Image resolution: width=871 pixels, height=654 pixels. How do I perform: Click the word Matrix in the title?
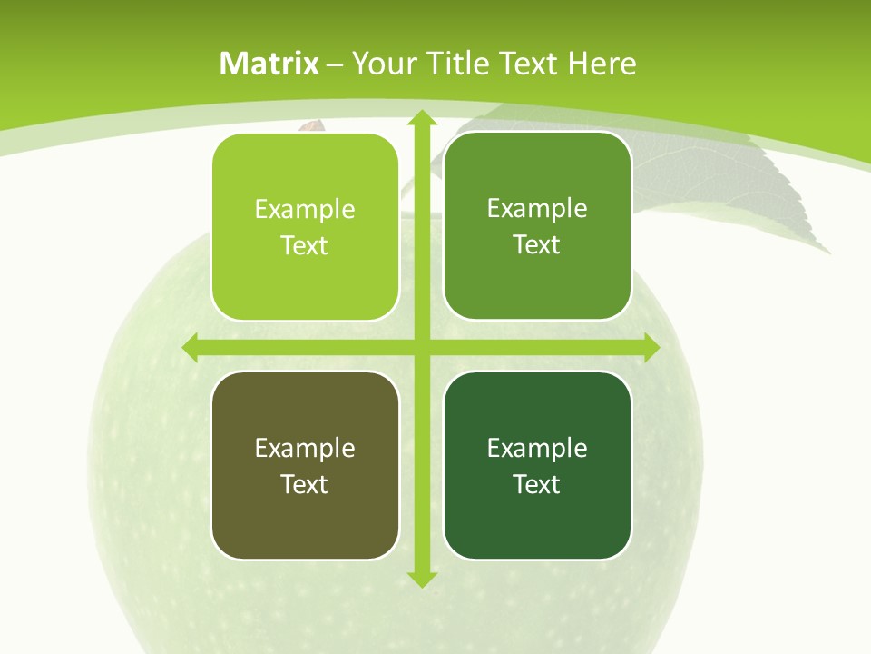coord(269,64)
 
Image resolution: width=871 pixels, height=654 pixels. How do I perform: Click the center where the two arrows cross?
coord(421,347)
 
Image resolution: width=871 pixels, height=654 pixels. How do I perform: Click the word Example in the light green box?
coord(305,210)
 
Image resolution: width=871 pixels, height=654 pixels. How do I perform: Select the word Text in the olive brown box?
coord(305,484)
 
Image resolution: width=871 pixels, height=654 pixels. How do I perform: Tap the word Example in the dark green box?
coord(537,448)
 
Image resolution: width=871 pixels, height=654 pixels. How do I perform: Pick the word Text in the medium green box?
coord(537,244)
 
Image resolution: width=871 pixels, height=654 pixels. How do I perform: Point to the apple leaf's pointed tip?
coord(827,252)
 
